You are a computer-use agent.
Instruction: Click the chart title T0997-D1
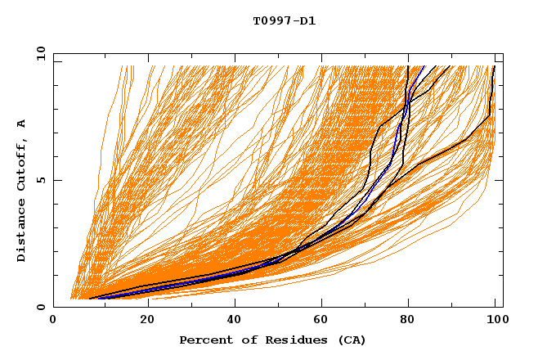284,20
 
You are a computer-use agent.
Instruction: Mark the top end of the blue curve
424,66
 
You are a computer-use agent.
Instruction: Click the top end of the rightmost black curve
494,66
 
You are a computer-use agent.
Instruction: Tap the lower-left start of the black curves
89,299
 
